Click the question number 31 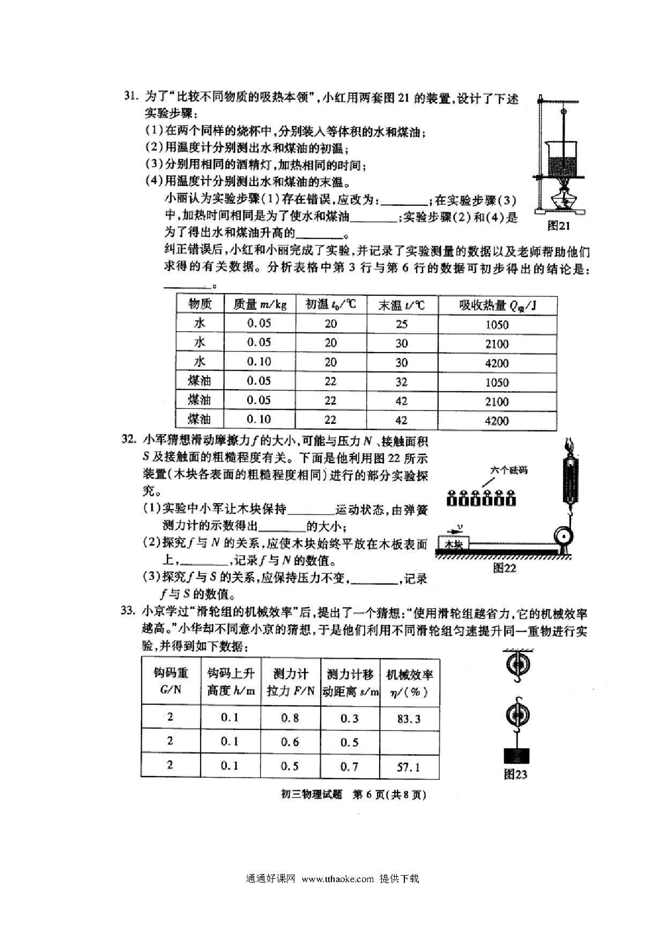coord(130,96)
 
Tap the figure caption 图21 coord(558,226)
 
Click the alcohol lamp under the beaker coord(563,197)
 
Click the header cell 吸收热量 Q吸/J coord(497,305)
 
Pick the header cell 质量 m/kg coord(260,305)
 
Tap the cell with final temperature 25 coord(401,324)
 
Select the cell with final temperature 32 coord(401,382)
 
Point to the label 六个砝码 coord(508,470)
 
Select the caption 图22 coord(504,568)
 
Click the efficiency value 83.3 coord(409,719)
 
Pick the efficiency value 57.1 coord(409,767)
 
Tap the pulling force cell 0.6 coord(290,742)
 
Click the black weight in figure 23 coord(518,756)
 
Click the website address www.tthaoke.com coord(337,878)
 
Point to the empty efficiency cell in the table coord(409,742)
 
